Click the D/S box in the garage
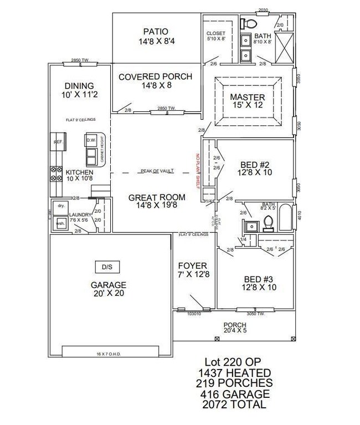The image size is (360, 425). [x=107, y=267]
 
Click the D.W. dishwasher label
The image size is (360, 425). [x=92, y=141]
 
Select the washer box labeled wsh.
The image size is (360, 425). [x=60, y=223]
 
